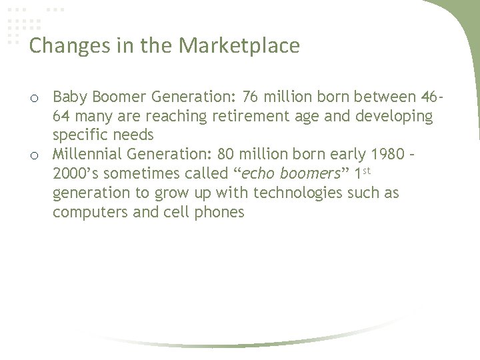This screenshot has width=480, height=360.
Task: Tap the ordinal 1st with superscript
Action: [363, 173]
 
